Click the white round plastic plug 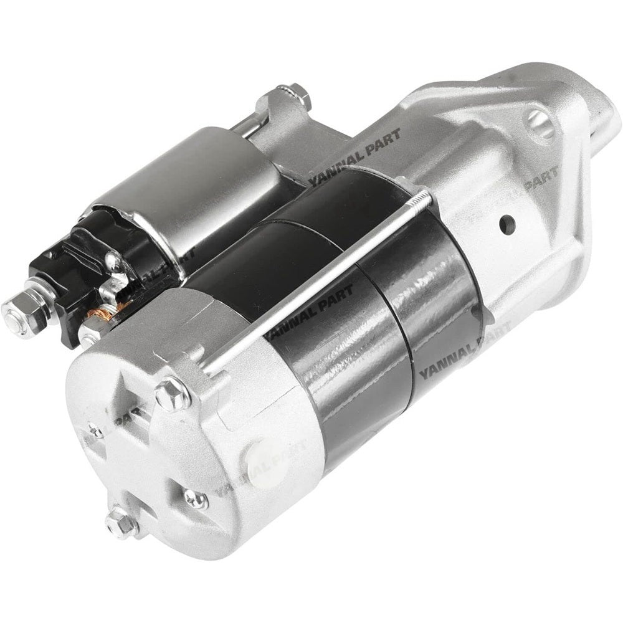pyautogui.click(x=265, y=462)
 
